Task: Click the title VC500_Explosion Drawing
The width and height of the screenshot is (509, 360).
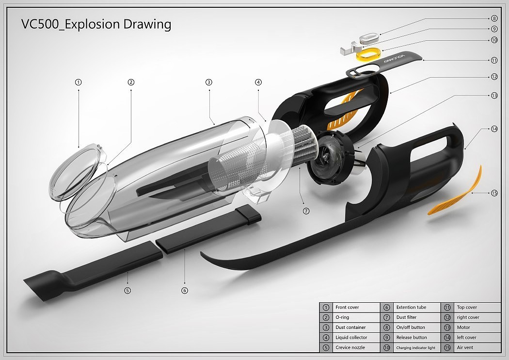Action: point(96,24)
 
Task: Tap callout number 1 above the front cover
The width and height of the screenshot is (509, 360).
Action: point(78,82)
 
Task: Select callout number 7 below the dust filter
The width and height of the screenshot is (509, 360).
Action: point(306,211)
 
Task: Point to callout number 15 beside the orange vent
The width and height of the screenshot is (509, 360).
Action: point(494,193)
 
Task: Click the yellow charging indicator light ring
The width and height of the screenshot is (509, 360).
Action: point(368,54)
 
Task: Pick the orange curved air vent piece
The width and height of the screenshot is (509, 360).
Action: point(455,192)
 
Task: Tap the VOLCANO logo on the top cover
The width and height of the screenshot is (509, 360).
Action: point(395,58)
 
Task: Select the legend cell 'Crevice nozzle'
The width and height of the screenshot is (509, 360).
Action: point(350,347)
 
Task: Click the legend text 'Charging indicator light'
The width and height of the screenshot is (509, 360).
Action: point(415,348)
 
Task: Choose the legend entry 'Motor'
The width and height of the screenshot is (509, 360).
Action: point(463,327)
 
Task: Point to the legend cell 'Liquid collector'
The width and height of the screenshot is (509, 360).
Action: point(351,337)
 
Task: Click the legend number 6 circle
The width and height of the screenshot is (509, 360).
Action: point(387,308)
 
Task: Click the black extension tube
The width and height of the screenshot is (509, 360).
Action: point(208,229)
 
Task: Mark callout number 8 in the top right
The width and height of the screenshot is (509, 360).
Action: point(494,18)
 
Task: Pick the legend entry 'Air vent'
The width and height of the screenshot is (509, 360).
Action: point(465,347)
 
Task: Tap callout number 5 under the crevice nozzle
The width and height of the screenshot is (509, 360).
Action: point(127,290)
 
